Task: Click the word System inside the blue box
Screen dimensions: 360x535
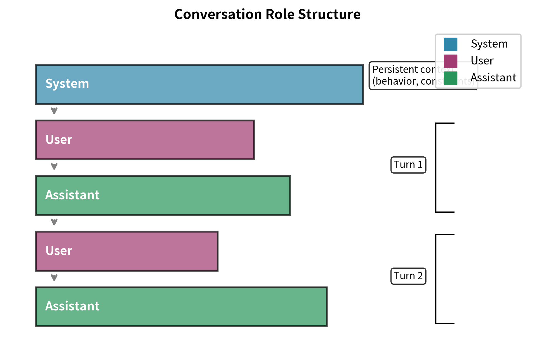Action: pos(67,84)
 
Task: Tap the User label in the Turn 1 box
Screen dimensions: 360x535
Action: pos(59,140)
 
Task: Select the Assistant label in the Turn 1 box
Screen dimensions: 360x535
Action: pos(72,195)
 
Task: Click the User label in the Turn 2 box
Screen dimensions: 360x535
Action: pos(59,251)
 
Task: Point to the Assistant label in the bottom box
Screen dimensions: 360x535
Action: pos(72,306)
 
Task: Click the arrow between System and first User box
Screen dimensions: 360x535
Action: pos(54,111)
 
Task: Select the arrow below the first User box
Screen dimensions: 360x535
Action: pos(54,167)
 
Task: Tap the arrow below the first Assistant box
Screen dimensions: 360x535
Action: pos(54,222)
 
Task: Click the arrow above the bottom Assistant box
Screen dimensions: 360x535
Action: pos(54,277)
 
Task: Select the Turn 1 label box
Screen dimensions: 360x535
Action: pos(408,165)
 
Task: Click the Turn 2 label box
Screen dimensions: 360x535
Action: pos(408,276)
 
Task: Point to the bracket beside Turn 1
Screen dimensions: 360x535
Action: pos(436,167)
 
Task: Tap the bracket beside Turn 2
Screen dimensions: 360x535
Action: pos(436,279)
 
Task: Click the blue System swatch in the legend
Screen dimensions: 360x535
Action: pos(450,44)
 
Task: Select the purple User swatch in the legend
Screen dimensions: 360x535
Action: pos(450,61)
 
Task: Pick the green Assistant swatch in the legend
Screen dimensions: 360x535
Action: pos(450,78)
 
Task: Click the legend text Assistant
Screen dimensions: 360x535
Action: pos(493,78)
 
